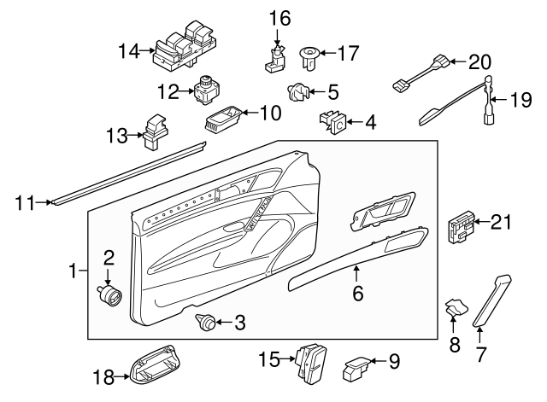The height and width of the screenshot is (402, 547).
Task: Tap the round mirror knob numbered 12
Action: [206, 89]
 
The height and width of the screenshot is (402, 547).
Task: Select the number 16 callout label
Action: [279, 18]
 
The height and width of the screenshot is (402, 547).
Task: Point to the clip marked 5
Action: [297, 90]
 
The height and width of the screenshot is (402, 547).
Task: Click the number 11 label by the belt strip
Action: [24, 202]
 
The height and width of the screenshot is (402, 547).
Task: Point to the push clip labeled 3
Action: [205, 322]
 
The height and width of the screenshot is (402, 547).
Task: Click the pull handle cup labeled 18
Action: [152, 366]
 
